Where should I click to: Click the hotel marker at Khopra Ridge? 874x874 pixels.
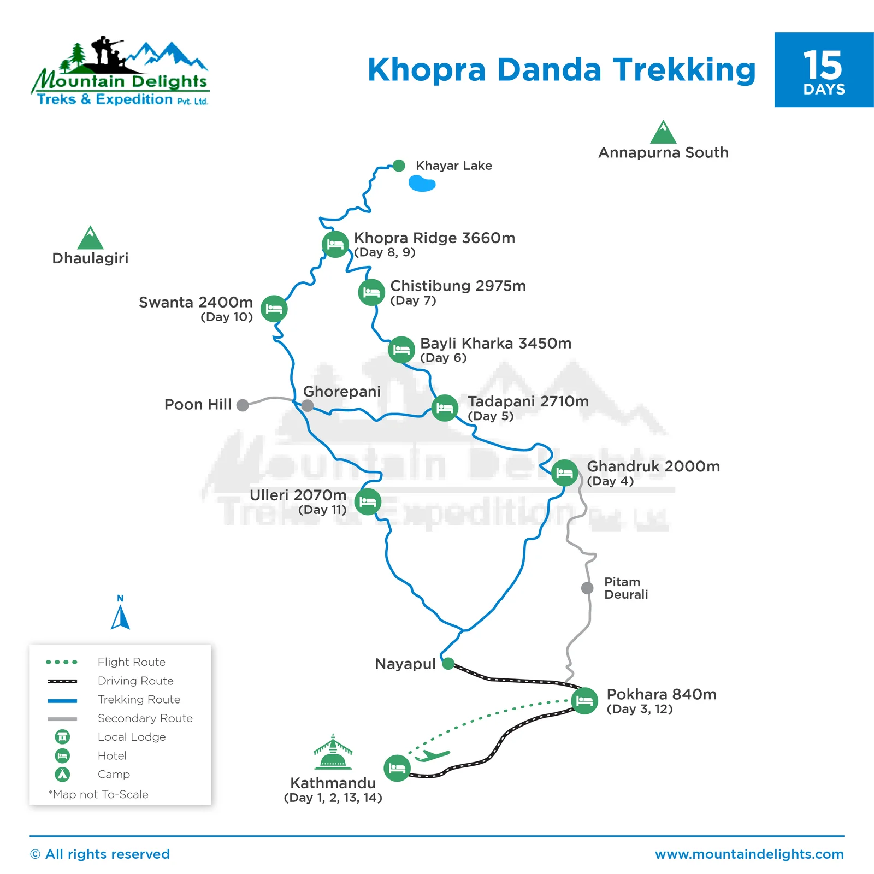tap(335, 244)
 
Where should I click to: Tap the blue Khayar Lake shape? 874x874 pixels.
tap(422, 184)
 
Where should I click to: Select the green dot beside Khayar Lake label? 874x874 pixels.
tap(399, 166)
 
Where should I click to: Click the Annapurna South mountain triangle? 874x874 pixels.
tap(663, 133)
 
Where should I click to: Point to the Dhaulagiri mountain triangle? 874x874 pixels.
tap(91, 239)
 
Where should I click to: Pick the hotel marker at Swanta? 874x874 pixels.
tap(274, 309)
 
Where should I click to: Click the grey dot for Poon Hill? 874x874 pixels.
tap(243, 405)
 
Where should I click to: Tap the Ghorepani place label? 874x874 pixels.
tap(341, 391)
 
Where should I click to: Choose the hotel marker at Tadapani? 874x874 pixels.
tap(445, 408)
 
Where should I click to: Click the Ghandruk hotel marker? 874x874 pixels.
tap(564, 473)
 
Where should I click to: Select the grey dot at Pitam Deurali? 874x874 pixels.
tap(587, 588)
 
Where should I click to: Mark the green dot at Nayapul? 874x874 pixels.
tap(448, 664)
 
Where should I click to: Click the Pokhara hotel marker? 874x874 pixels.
tap(584, 701)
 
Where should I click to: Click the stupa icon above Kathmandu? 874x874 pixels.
tap(333, 753)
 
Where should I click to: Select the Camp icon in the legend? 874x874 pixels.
tap(63, 774)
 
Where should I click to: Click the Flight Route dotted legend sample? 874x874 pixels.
tap(62, 662)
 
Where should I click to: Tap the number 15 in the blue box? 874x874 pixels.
tap(823, 66)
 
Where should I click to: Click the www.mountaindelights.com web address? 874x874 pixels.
tap(749, 854)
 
